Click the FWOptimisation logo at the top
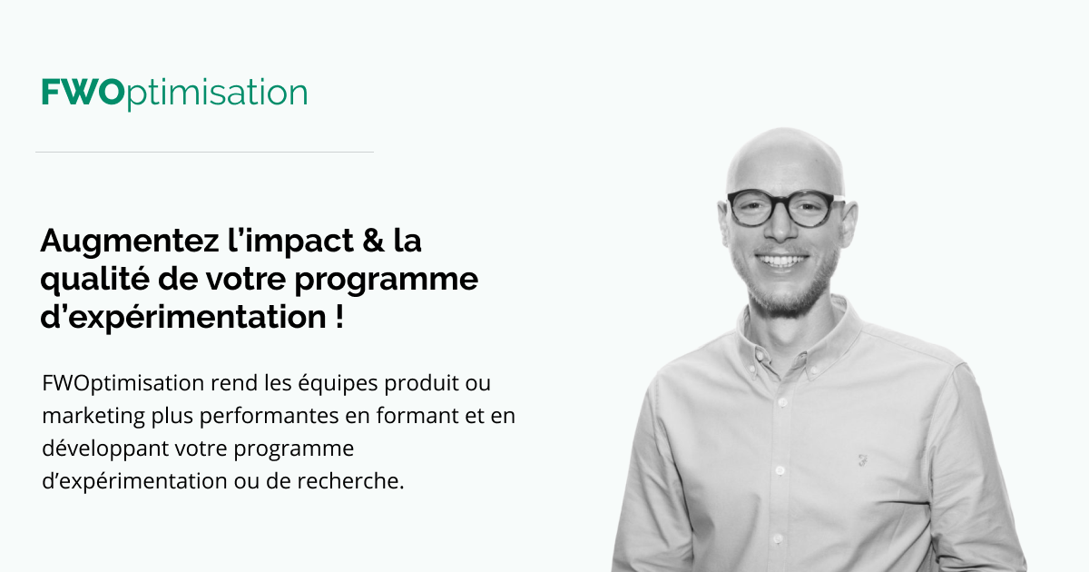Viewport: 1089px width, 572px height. (x=174, y=93)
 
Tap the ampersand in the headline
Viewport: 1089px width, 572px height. (x=365, y=242)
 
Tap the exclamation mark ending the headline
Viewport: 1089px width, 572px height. (x=338, y=319)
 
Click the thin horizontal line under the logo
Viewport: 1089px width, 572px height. (x=204, y=153)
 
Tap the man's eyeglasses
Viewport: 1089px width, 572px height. (x=781, y=208)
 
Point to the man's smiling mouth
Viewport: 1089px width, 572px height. (x=782, y=261)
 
